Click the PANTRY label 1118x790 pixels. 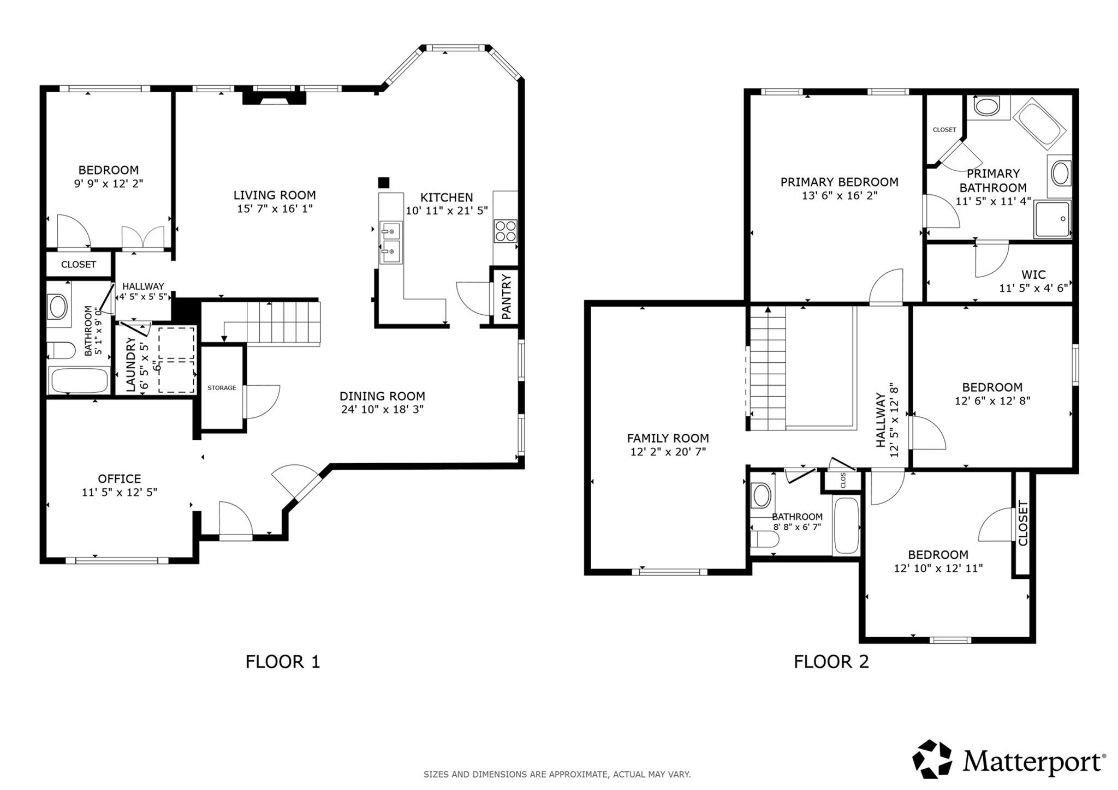507,297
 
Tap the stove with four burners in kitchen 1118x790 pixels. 506,231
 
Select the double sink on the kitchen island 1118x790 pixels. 391,241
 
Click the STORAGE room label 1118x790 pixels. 222,388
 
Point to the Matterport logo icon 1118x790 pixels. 932,759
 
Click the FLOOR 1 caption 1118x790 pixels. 283,662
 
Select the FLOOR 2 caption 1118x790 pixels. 831,662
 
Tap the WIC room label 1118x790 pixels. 1033,275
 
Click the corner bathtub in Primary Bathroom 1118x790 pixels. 1039,124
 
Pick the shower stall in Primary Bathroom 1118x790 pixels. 1052,219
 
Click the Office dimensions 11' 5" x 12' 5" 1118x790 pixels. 120,492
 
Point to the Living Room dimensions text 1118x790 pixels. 275,208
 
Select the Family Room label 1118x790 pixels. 668,438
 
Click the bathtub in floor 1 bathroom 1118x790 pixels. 80,380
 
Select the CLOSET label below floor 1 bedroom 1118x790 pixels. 79,265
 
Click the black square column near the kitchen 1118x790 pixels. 384,182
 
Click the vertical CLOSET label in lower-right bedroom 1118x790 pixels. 1023,523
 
